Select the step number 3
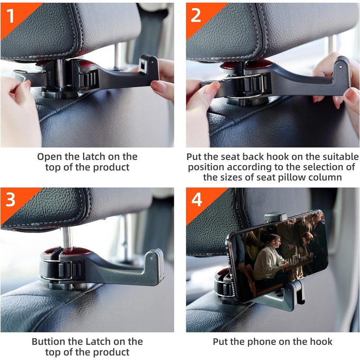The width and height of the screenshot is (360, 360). tap(10, 199)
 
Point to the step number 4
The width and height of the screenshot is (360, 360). tap(197, 199)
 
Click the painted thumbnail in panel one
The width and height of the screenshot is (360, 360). tap(159, 87)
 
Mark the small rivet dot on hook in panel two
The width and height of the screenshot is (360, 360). tap(341, 67)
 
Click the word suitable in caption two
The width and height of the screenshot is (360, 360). tap(341, 157)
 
